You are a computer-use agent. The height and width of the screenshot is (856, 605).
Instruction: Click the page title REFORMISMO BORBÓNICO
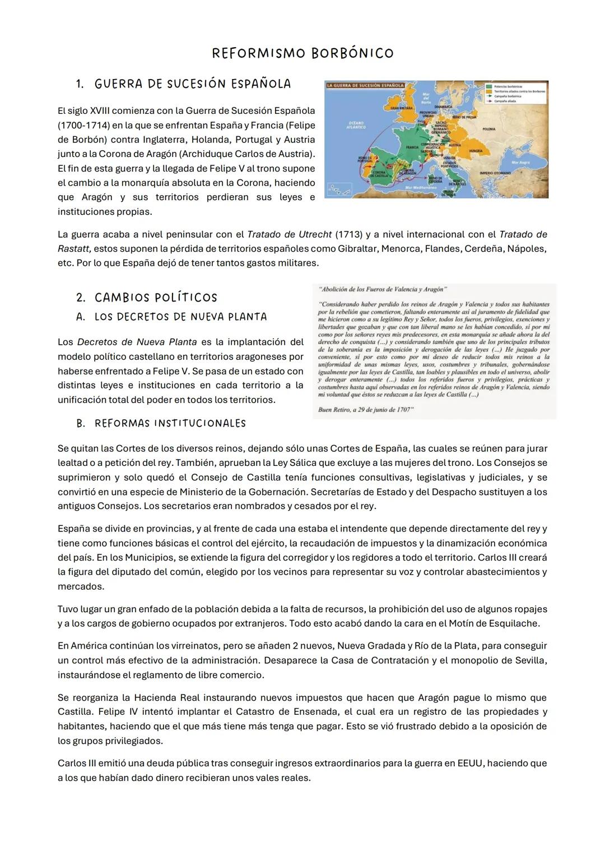302,53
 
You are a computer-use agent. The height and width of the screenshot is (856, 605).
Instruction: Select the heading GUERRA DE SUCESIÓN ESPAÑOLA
193,84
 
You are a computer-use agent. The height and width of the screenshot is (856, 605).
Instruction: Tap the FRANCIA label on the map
412,147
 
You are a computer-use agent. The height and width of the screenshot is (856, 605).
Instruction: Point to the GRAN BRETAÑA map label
401,107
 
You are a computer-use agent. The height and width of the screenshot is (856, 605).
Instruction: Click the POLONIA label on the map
488,128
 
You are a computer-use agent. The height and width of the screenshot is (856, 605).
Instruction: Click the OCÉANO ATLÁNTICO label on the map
356,124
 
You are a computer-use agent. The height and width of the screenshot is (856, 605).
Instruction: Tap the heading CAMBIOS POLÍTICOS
155,298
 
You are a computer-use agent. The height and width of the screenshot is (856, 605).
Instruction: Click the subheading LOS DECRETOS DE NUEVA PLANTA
180,317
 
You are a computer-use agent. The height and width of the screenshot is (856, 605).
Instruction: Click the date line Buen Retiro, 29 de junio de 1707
365,410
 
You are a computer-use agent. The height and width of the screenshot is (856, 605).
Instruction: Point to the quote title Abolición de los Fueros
382,289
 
